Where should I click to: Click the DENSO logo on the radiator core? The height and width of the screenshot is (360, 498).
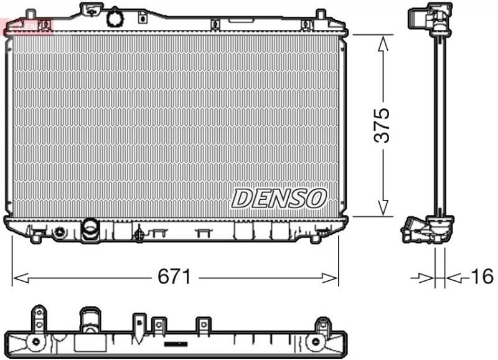click(x=279, y=198)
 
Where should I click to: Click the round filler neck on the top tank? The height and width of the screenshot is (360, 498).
click(x=115, y=17)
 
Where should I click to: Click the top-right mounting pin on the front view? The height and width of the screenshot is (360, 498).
click(x=320, y=15)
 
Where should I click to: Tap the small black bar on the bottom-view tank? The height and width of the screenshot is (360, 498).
click(x=176, y=343)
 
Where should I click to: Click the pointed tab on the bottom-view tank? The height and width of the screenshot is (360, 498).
click(x=138, y=323)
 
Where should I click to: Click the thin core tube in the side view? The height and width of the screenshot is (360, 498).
click(x=440, y=125)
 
